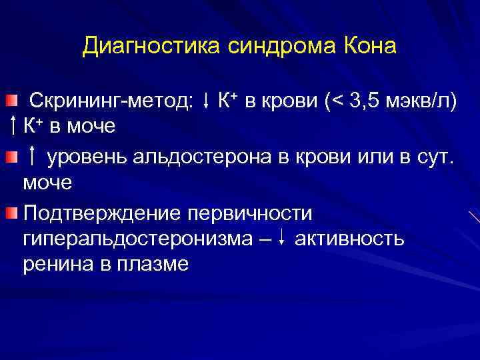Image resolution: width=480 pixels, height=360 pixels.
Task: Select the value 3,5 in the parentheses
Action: pyautogui.click(x=366, y=101)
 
